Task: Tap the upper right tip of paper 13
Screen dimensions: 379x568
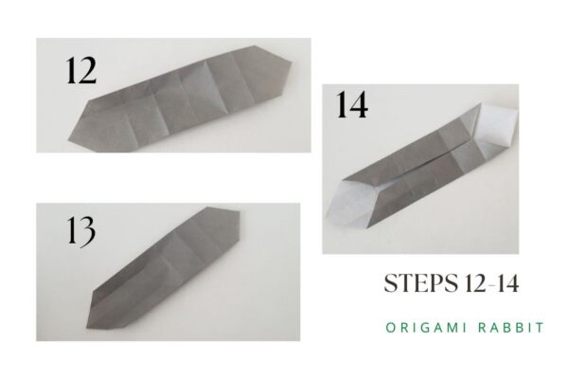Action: [x=243, y=216]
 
